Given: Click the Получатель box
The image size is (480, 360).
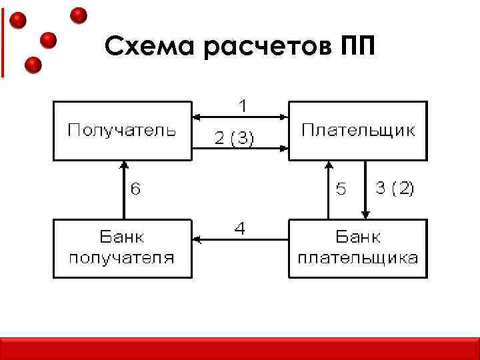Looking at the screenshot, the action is pos(122,131).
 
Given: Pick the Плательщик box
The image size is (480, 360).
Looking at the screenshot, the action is pos(357,131).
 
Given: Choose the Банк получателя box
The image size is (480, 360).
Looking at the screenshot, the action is pos(122,248).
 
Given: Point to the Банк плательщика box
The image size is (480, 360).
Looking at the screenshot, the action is pos(357,248).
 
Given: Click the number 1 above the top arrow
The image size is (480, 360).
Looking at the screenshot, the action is pos(244,105).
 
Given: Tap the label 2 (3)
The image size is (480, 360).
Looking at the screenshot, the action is pos(234,139).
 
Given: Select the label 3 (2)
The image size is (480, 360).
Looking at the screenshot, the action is pos(395,189).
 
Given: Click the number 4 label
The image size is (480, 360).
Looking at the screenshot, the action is pos(240,228).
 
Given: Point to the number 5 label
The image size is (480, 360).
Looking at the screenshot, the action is pos(341,190).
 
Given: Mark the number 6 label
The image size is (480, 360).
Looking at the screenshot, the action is pos(135,189).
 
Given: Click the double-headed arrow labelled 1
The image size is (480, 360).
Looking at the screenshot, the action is pos(239,117).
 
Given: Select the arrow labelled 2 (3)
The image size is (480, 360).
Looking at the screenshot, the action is pos(239,147).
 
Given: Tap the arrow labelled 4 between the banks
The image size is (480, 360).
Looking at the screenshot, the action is pos(239,238).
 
